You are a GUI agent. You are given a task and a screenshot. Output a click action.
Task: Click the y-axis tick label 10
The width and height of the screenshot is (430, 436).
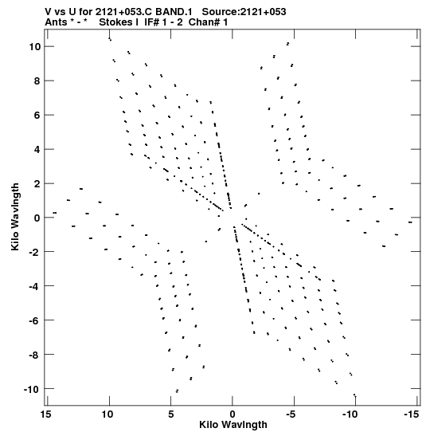point(35,47)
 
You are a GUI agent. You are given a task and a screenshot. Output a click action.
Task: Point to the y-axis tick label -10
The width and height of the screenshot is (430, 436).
point(33,389)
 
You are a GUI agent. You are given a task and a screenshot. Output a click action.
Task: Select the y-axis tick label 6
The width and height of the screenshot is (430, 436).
point(37,115)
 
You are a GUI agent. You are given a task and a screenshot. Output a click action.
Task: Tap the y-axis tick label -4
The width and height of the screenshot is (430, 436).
point(35,286)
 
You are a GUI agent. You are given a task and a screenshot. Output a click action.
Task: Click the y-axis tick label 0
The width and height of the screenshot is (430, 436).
point(37,218)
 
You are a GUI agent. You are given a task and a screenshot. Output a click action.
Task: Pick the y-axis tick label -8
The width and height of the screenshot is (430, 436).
point(35,355)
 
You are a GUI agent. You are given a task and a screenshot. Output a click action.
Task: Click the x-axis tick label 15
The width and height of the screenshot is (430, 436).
point(46,414)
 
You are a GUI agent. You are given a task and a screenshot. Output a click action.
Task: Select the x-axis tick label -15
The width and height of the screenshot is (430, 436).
point(411,414)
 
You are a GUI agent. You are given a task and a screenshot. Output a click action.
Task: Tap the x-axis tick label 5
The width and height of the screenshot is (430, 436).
point(171,414)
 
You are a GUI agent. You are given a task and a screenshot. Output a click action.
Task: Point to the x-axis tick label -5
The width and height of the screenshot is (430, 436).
point(291,414)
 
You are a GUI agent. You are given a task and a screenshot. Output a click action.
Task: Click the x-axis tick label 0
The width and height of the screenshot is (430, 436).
point(233,414)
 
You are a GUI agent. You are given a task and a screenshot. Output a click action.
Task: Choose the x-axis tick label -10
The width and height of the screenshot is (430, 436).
point(350,414)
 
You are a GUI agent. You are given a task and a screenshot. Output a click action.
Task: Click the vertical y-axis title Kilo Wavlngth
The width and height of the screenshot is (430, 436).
point(15,217)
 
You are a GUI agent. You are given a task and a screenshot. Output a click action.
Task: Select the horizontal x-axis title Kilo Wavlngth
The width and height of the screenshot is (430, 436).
point(233,425)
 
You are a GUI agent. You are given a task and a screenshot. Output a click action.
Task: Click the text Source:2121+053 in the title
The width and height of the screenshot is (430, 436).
point(244,12)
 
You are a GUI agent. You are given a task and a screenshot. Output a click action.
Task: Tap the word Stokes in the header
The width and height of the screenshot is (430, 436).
point(116,22)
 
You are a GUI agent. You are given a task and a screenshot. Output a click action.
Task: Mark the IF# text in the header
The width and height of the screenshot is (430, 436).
point(151,22)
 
